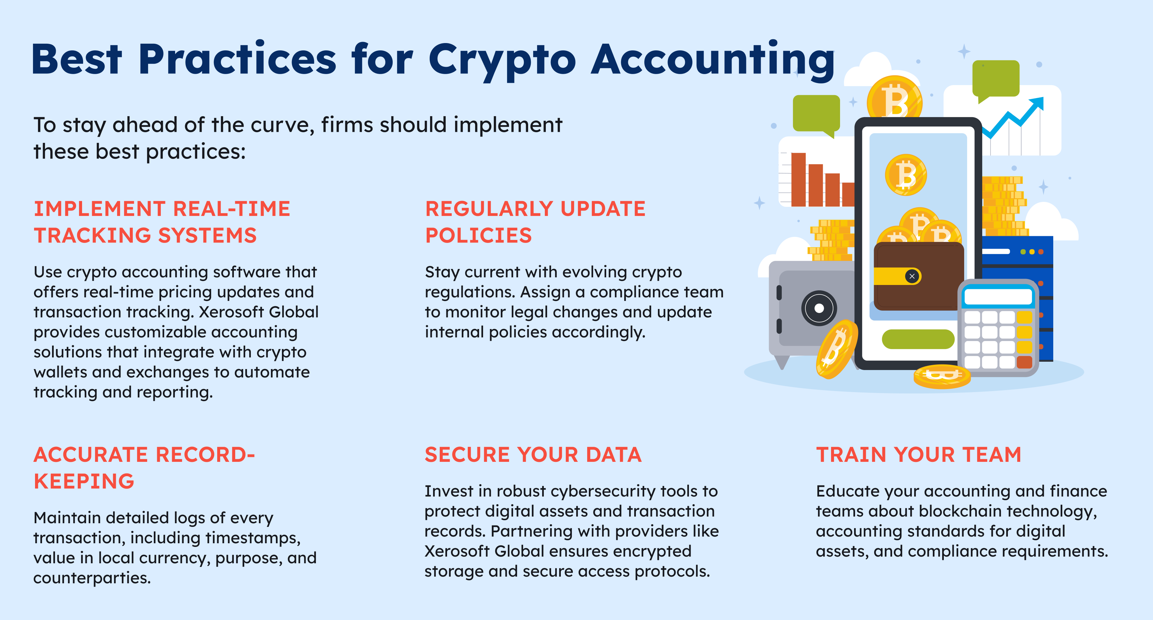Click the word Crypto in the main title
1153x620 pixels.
502,60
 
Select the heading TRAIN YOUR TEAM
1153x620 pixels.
918,454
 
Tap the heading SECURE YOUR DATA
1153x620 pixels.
533,454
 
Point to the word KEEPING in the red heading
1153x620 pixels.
84,481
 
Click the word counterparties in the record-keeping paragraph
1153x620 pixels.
92,578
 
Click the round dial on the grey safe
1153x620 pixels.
819,308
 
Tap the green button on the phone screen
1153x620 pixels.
917,339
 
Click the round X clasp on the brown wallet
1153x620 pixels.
912,276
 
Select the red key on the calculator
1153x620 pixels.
1024,362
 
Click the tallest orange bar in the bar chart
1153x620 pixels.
798,180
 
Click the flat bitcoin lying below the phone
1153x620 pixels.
942,376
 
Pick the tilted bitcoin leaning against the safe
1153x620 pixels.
836,349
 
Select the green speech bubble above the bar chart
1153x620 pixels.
816,114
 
